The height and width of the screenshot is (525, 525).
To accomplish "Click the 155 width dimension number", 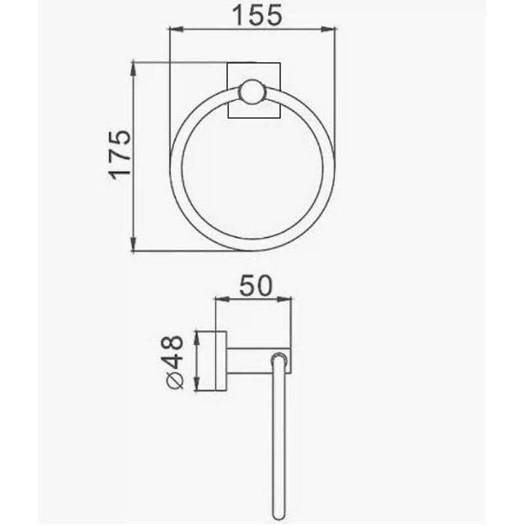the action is click(257, 15).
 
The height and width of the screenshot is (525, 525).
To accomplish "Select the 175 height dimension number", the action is click(119, 155).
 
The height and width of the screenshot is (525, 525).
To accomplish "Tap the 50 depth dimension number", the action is click(256, 286).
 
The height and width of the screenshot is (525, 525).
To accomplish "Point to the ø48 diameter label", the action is click(172, 362).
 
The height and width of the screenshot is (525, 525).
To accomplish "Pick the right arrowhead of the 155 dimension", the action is click(328, 29).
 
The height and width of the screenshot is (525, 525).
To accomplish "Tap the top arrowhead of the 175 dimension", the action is click(133, 69).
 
